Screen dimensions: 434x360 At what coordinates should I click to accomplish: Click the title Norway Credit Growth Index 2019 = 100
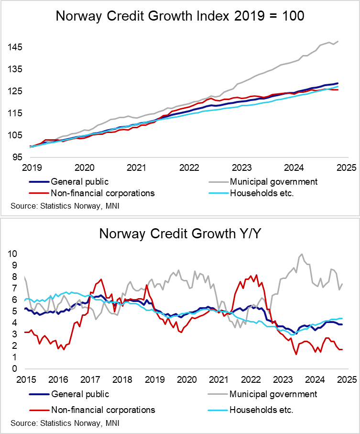180,16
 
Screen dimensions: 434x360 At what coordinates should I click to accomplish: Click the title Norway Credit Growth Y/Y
180,234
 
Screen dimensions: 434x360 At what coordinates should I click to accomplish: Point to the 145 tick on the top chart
15,47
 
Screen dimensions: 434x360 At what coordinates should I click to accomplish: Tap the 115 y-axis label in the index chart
15,113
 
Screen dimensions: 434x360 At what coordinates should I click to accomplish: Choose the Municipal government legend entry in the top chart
273,182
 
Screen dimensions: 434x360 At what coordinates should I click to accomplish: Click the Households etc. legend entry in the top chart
262,193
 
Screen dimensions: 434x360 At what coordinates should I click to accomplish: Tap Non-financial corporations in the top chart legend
102,193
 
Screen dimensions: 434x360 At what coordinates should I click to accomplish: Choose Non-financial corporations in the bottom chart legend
102,410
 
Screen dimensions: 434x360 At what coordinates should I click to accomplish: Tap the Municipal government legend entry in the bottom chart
273,394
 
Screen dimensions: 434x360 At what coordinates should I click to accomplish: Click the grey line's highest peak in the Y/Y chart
302,254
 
